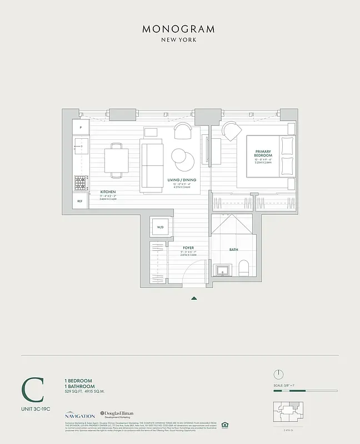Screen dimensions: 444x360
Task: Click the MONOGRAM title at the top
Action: coord(179,29)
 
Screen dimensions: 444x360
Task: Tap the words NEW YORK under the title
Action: coord(179,40)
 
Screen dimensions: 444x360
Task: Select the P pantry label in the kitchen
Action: coord(81,128)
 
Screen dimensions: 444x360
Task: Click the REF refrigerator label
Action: coord(80,201)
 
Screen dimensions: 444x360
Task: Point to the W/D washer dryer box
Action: coord(160,228)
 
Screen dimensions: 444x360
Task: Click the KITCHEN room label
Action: coord(108,191)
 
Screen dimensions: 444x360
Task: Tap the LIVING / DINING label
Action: coord(182,180)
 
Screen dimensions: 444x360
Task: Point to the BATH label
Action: coord(233,250)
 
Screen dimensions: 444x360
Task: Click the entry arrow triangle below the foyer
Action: coord(194,298)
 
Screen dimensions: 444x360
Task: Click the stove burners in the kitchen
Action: coord(81,181)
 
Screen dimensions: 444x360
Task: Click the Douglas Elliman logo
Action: coord(118,415)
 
